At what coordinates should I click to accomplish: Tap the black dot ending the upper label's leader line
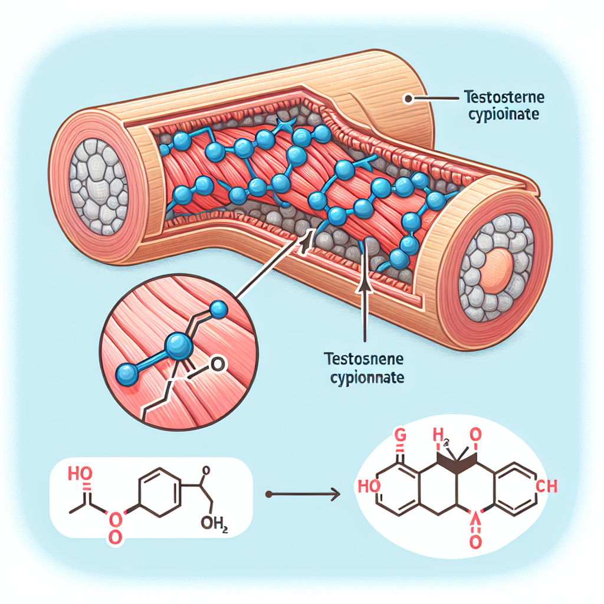point(406,99)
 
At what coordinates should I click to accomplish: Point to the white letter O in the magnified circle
point(217,366)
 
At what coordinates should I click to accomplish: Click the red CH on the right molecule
point(547,485)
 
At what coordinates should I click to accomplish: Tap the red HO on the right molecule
point(369,486)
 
